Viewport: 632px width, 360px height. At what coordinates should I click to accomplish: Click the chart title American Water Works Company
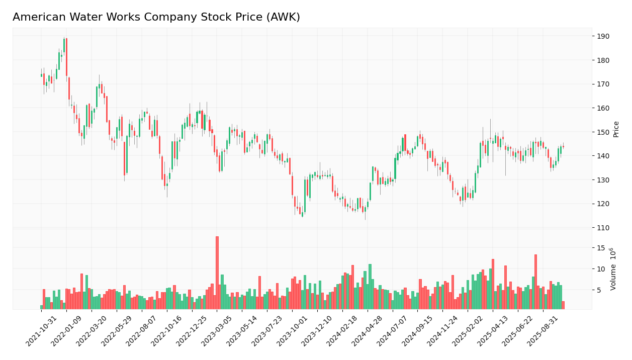click(x=156, y=18)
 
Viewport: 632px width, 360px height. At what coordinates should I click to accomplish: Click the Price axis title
click(x=616, y=129)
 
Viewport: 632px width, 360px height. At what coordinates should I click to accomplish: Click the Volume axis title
click(x=613, y=268)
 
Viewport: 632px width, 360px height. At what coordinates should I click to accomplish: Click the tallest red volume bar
click(x=217, y=273)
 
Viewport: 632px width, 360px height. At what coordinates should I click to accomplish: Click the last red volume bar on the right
click(x=563, y=305)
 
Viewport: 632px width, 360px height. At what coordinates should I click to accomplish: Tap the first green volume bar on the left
click(x=42, y=307)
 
